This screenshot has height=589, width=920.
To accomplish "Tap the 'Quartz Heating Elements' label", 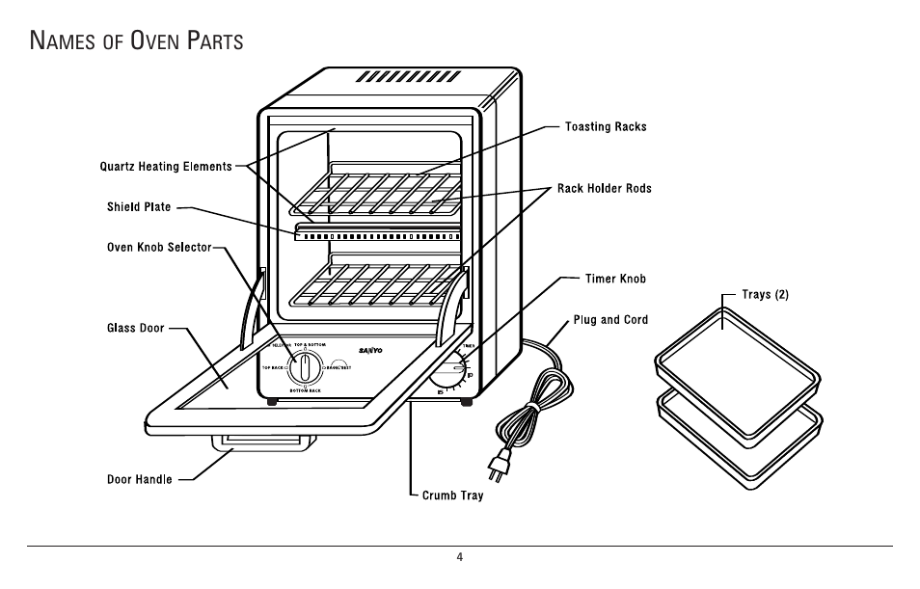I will coord(166,167).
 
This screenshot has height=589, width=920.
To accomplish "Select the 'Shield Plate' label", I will coord(139,207).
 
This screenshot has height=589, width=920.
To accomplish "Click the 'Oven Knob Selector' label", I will coord(158,248).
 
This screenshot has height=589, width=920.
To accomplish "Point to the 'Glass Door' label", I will coord(135,329).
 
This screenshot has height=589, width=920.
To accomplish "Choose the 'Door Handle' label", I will coord(139,479).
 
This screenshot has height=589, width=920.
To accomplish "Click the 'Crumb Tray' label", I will coord(452,495).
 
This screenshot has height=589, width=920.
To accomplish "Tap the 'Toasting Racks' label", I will coord(605,126).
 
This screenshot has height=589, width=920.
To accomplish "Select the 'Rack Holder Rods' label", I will coord(604,188).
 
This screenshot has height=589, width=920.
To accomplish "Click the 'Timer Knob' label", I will coord(615,279).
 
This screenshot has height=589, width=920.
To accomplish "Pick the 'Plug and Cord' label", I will coord(610,319).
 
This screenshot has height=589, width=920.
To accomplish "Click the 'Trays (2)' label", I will coord(765,294).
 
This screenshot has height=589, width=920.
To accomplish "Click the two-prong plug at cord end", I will coord(499,469).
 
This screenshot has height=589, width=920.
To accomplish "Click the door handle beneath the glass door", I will coord(263,442).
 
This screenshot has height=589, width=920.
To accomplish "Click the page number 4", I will coord(460,557).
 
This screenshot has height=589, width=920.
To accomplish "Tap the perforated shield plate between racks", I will coord(376,234).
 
